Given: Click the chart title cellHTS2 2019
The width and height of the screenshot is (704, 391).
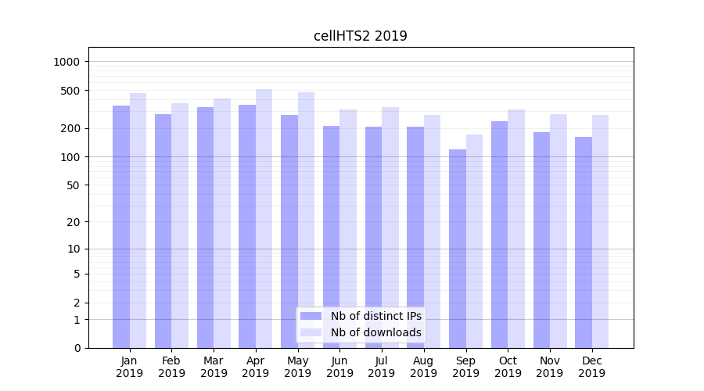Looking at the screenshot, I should (x=361, y=36).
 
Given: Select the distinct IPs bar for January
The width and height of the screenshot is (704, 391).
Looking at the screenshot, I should (x=121, y=227).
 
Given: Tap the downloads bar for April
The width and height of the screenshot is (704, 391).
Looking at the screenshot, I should (x=264, y=219).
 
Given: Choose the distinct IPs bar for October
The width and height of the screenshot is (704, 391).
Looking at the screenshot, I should (x=499, y=235).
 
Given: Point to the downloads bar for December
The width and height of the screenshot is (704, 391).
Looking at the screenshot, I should (x=600, y=231).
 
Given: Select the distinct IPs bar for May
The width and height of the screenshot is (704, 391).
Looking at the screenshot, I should (x=289, y=231).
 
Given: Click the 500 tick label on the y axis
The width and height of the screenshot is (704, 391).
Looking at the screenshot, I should (x=71, y=91).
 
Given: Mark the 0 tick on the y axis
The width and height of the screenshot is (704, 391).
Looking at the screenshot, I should (x=77, y=348).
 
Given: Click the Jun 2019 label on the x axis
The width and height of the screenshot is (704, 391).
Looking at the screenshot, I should (x=339, y=367).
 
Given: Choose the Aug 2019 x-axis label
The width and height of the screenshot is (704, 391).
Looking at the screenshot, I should (x=424, y=367).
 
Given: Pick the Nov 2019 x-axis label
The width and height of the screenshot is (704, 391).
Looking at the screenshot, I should (x=550, y=367).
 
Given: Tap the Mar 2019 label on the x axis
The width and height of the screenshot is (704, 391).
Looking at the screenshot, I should (x=214, y=367).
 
